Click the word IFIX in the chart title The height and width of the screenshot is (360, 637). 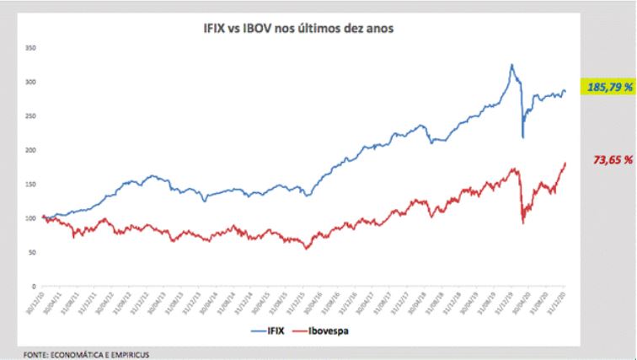click(205, 29)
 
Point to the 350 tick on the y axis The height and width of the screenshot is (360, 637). click(32, 48)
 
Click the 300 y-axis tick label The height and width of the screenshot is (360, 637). click(32, 82)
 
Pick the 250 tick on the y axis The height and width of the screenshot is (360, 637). click(32, 116)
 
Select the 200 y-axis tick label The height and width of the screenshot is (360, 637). click(32, 150)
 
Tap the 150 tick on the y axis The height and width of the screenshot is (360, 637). click(32, 184)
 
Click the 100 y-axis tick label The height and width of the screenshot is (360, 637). click(32, 218)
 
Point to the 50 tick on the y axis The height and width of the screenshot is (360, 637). click(34, 252)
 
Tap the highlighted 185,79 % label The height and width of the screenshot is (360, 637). click(608, 86)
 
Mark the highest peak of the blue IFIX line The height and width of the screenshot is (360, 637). click(511, 64)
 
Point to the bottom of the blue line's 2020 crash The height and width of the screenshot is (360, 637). click(523, 137)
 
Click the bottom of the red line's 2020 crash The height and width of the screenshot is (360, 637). click(523, 223)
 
